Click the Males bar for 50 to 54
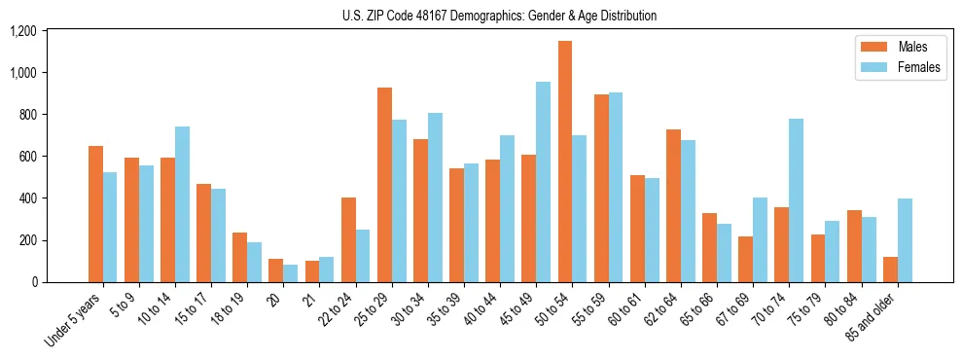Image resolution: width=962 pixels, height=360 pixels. pos(565,162)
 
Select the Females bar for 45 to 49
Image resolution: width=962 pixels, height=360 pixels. pos(544,182)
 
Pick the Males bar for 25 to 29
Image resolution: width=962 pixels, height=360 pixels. pos(384,185)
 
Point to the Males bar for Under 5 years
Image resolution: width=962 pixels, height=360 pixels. pos(95,214)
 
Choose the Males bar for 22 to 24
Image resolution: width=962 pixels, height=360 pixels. pos(348,239)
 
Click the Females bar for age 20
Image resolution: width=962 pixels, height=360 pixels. pos(291,273)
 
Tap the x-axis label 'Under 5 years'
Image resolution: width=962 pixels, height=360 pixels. pos(73,321)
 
